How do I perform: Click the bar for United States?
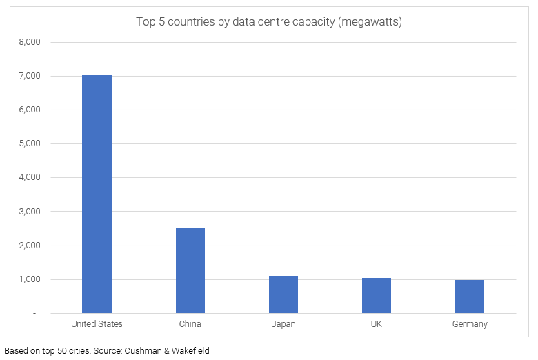point(97,194)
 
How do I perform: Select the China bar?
point(190,270)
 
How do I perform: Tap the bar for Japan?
point(283,294)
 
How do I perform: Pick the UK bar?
point(377,295)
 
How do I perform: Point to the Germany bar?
point(470,297)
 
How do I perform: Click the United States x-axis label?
point(97,324)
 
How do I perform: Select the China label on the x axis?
point(190,324)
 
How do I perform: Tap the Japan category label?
point(283,324)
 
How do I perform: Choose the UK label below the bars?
point(377,324)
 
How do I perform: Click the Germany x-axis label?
point(470,324)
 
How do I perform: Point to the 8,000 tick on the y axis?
point(29,42)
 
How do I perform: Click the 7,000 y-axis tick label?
point(29,76)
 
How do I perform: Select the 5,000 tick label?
point(29,143)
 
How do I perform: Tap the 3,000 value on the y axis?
point(29,212)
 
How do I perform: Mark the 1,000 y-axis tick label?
point(29,279)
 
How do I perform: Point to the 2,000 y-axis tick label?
point(29,246)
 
